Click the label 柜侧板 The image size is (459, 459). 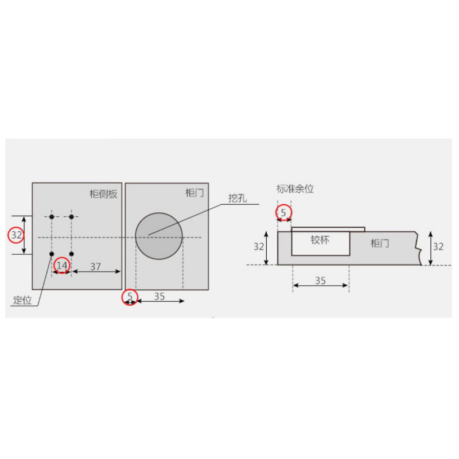(103, 194)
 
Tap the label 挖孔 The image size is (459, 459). (238, 199)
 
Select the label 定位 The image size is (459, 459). (22, 300)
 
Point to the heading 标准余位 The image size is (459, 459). (295, 189)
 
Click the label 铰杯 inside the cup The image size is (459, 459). (320, 240)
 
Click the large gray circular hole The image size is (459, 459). (159, 236)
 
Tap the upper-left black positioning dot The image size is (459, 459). (52, 217)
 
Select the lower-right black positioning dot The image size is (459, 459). (71, 254)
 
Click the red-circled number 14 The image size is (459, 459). (62, 266)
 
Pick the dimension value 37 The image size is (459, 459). (95, 267)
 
